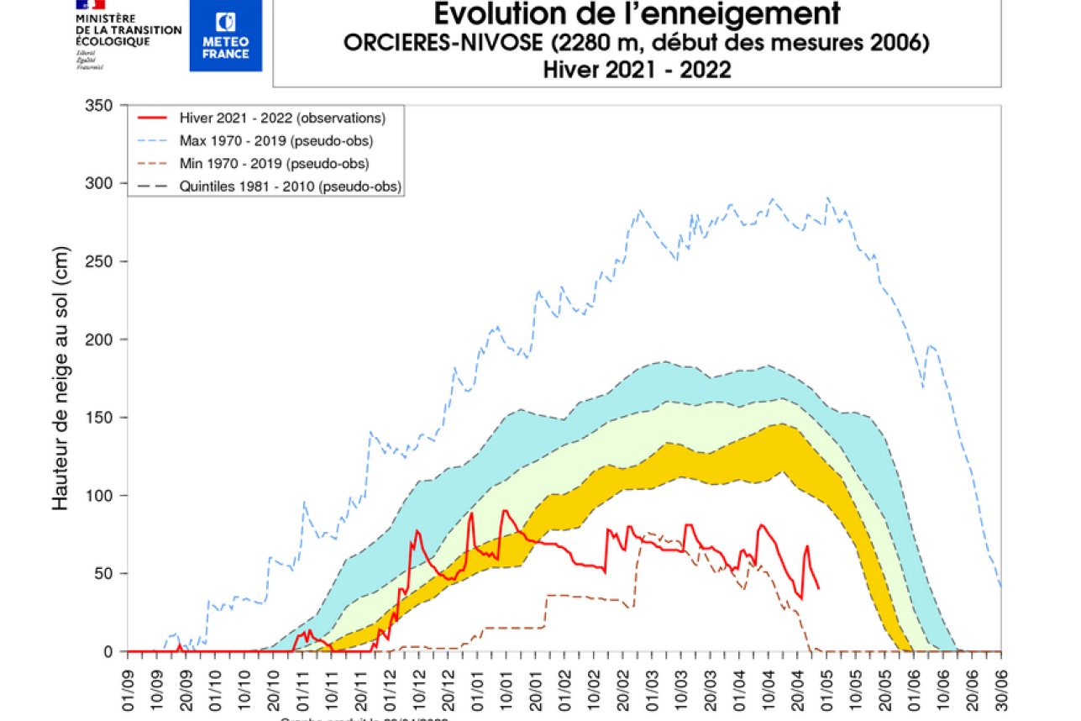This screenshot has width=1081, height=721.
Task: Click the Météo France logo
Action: coord(225,35)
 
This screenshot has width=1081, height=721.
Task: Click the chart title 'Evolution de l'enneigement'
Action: coord(636,14)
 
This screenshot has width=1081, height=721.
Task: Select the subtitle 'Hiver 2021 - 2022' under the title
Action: coord(636,70)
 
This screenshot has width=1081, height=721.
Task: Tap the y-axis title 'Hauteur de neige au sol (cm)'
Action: coord(60,378)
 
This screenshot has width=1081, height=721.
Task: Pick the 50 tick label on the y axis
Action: coord(105,574)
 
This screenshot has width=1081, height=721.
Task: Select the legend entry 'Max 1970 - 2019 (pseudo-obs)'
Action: coord(275,140)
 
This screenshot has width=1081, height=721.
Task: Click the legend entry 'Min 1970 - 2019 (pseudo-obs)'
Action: coord(274,163)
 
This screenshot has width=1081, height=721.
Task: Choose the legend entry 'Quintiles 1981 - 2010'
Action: coord(290,186)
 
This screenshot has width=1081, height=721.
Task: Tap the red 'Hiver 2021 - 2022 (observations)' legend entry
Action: coord(281,118)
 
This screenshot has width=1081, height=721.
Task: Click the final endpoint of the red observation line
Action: coord(819,587)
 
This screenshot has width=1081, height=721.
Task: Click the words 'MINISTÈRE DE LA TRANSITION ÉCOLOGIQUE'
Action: coord(128,29)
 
